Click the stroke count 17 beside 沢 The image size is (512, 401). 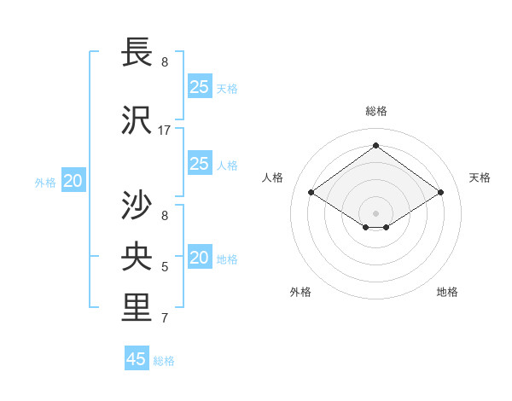pos(165,130)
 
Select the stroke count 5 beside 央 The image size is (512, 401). pos(165,267)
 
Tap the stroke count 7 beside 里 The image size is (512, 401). pos(165,318)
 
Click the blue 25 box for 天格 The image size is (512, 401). pos(200,87)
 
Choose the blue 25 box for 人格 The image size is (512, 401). pos(200,164)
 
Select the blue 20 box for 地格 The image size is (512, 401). pos(200,258)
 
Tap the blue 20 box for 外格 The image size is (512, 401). pos(73,181)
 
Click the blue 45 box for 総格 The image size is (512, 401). pos(137,359)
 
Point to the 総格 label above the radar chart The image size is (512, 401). pos(375,111)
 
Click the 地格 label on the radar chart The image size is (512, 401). pos(447,292)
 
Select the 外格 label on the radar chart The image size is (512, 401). pos(300,292)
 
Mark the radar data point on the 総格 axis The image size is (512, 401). pos(375,146)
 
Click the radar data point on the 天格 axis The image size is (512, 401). pos(440,193)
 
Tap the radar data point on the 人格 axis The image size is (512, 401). pos(311,193)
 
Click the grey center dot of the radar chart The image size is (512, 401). pos(375,212)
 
